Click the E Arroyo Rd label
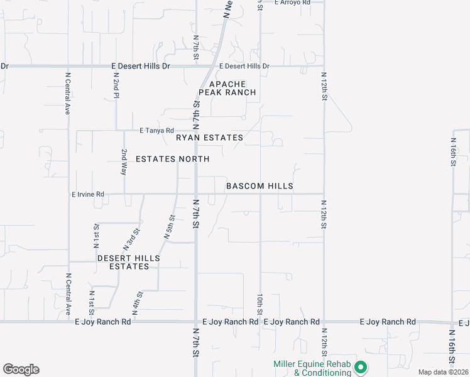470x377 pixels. [x=293, y=3]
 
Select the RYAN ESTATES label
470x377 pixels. [x=209, y=138]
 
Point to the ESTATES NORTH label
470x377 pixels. [x=172, y=159]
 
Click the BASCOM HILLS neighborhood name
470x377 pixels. [x=260, y=187]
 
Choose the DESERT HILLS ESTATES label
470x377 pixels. [x=129, y=262]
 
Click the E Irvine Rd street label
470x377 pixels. [x=88, y=195]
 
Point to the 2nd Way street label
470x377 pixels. [x=124, y=161]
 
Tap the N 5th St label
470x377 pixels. [x=169, y=227]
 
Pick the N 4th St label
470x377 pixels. [x=136, y=304]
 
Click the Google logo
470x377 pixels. [x=21, y=369]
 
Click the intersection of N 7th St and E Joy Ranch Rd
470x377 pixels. [x=196, y=322]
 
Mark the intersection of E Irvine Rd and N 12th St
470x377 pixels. [x=324, y=194]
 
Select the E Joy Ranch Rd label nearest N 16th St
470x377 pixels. [x=388, y=322]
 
